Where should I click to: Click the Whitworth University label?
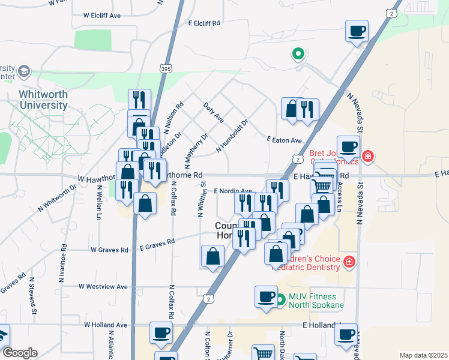(x=43, y=100)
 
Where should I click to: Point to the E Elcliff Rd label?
(x=204, y=23)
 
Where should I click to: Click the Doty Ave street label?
(x=214, y=112)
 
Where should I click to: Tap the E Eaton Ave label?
(x=284, y=140)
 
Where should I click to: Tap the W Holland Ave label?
(x=106, y=325)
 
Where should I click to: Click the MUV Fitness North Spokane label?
(x=316, y=300)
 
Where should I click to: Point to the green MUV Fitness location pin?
(x=280, y=301)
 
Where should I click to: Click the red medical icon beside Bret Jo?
(x=368, y=157)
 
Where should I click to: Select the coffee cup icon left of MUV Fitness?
(x=266, y=296)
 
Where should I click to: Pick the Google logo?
(x=19, y=353)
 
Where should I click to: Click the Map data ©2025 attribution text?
(x=423, y=355)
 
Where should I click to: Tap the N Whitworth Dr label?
(x=58, y=197)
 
